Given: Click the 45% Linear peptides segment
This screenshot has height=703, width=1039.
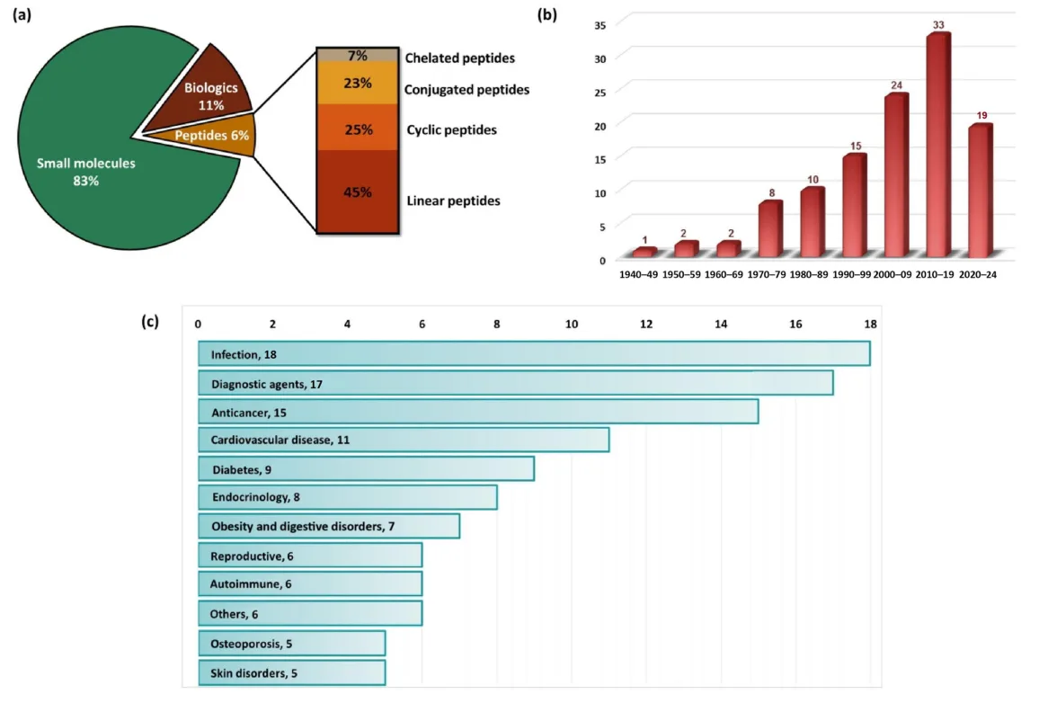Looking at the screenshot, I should (x=358, y=191).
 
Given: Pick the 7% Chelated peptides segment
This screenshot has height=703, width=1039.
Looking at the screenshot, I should (x=358, y=56).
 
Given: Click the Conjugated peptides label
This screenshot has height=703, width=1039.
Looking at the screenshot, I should (x=466, y=90).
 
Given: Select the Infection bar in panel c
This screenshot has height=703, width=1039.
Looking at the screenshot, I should (x=534, y=354).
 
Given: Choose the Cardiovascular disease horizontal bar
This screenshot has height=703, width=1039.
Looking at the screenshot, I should (x=404, y=440).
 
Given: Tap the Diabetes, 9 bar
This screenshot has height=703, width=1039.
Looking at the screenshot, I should (x=366, y=469).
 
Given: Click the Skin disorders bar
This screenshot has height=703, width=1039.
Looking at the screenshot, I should (x=291, y=672).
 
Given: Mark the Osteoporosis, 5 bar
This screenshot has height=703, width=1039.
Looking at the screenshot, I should (x=291, y=644).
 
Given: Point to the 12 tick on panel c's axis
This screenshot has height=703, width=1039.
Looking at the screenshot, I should (x=646, y=323).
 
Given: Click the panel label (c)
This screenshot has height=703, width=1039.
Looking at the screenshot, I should (x=150, y=322).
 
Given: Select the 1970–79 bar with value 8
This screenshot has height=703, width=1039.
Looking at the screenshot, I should (x=770, y=230).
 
